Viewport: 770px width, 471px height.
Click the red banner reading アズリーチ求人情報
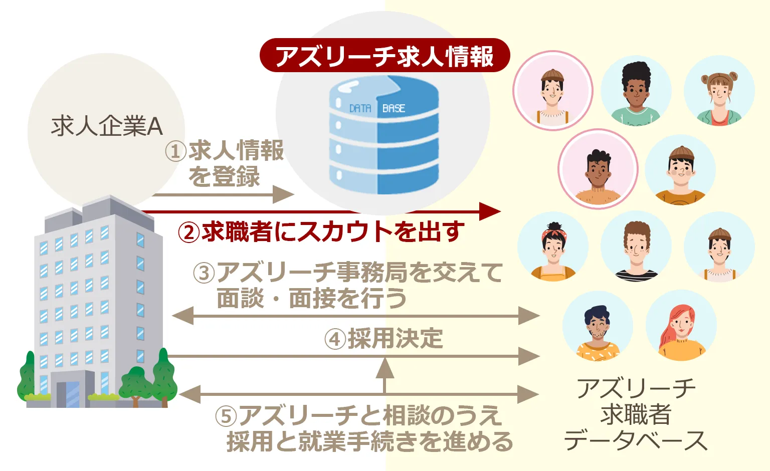pos(384,56)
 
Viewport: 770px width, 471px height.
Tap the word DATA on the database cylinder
pos(360,108)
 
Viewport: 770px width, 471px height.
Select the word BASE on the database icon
pos(394,108)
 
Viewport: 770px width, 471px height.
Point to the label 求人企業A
pos(107,126)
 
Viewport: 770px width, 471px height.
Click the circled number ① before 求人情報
pos(175,151)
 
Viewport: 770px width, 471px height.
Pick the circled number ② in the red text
pos(189,232)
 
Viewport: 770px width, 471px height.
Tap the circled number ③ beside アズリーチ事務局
pos(204,273)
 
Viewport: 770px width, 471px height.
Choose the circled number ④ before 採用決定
pos(335,339)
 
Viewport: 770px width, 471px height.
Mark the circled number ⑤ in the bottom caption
pos(226,416)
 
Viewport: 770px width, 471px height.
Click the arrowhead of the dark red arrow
pos(490,211)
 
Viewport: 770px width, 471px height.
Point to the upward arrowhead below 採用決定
pos(384,368)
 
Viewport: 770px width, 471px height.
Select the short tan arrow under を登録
pos(224,194)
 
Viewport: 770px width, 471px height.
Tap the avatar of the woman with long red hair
pos(681,327)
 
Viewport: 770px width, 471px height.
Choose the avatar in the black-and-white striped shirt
pos(636,247)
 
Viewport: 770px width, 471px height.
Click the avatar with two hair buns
pos(719,91)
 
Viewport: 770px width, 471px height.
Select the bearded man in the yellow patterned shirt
pos(598,327)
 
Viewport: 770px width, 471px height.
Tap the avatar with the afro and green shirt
pos(636,91)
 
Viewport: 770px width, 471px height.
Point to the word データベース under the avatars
pos(636,440)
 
